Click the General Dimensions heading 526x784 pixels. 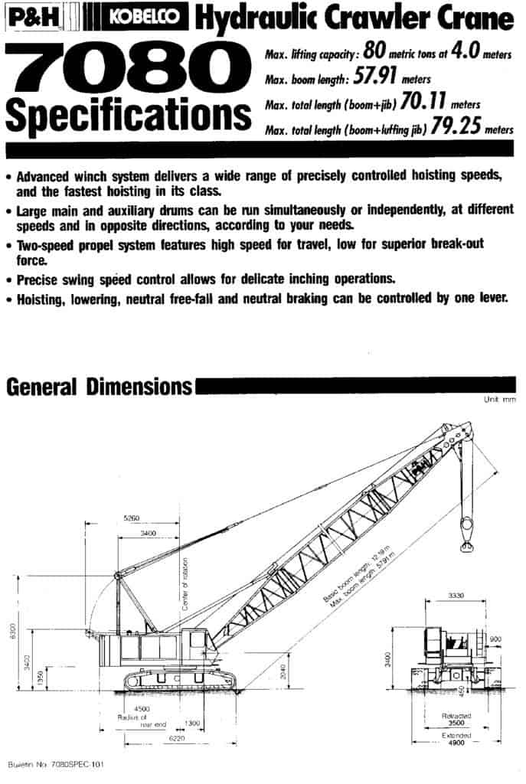[99, 387]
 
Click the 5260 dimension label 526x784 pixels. [132, 518]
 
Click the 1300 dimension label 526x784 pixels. [192, 723]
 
